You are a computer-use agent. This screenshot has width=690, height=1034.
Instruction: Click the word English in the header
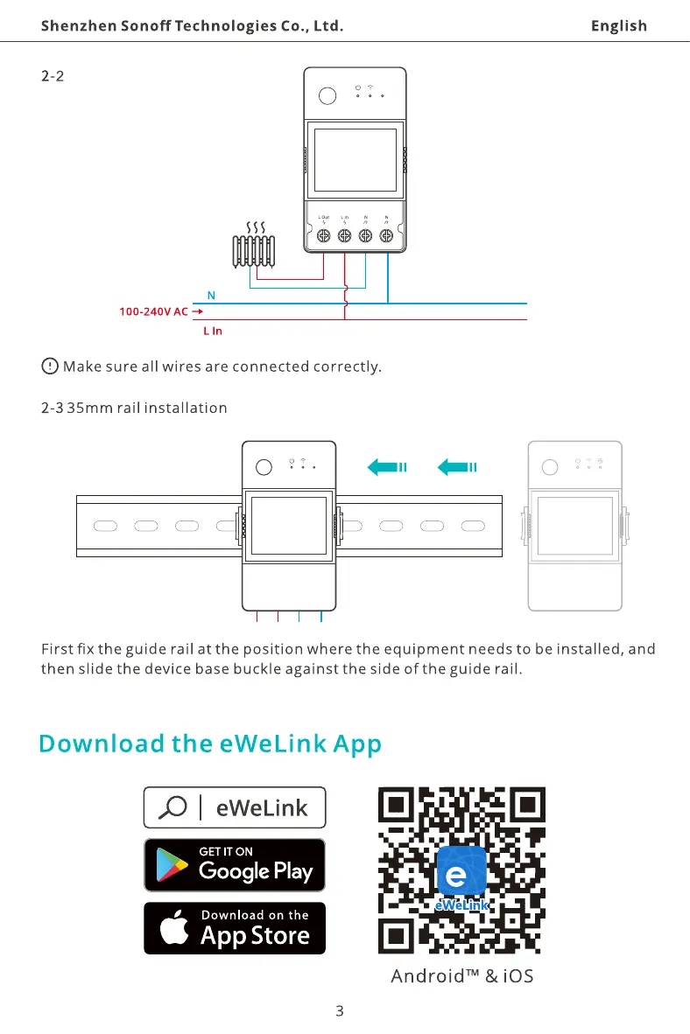[x=618, y=25]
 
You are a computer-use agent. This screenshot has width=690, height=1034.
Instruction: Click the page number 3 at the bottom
[x=340, y=1011]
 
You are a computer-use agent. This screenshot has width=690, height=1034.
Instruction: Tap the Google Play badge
[x=235, y=865]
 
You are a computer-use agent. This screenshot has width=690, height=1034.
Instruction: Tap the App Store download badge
[x=235, y=928]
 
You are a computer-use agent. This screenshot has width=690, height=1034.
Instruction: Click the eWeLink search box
[x=235, y=807]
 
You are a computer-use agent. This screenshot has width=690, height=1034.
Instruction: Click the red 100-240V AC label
[x=154, y=311]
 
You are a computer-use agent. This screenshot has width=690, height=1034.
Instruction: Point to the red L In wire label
[x=213, y=332]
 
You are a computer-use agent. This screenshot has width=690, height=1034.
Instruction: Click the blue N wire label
[x=211, y=295]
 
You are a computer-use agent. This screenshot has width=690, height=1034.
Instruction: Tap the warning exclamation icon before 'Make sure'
[x=50, y=366]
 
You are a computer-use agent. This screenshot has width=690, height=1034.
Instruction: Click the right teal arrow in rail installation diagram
[x=455, y=467]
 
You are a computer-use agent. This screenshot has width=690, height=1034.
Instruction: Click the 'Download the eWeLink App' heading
[x=211, y=744]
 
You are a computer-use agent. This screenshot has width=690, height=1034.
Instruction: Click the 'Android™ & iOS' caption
[x=461, y=975]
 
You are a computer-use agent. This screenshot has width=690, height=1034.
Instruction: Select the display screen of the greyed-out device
[x=574, y=526]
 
